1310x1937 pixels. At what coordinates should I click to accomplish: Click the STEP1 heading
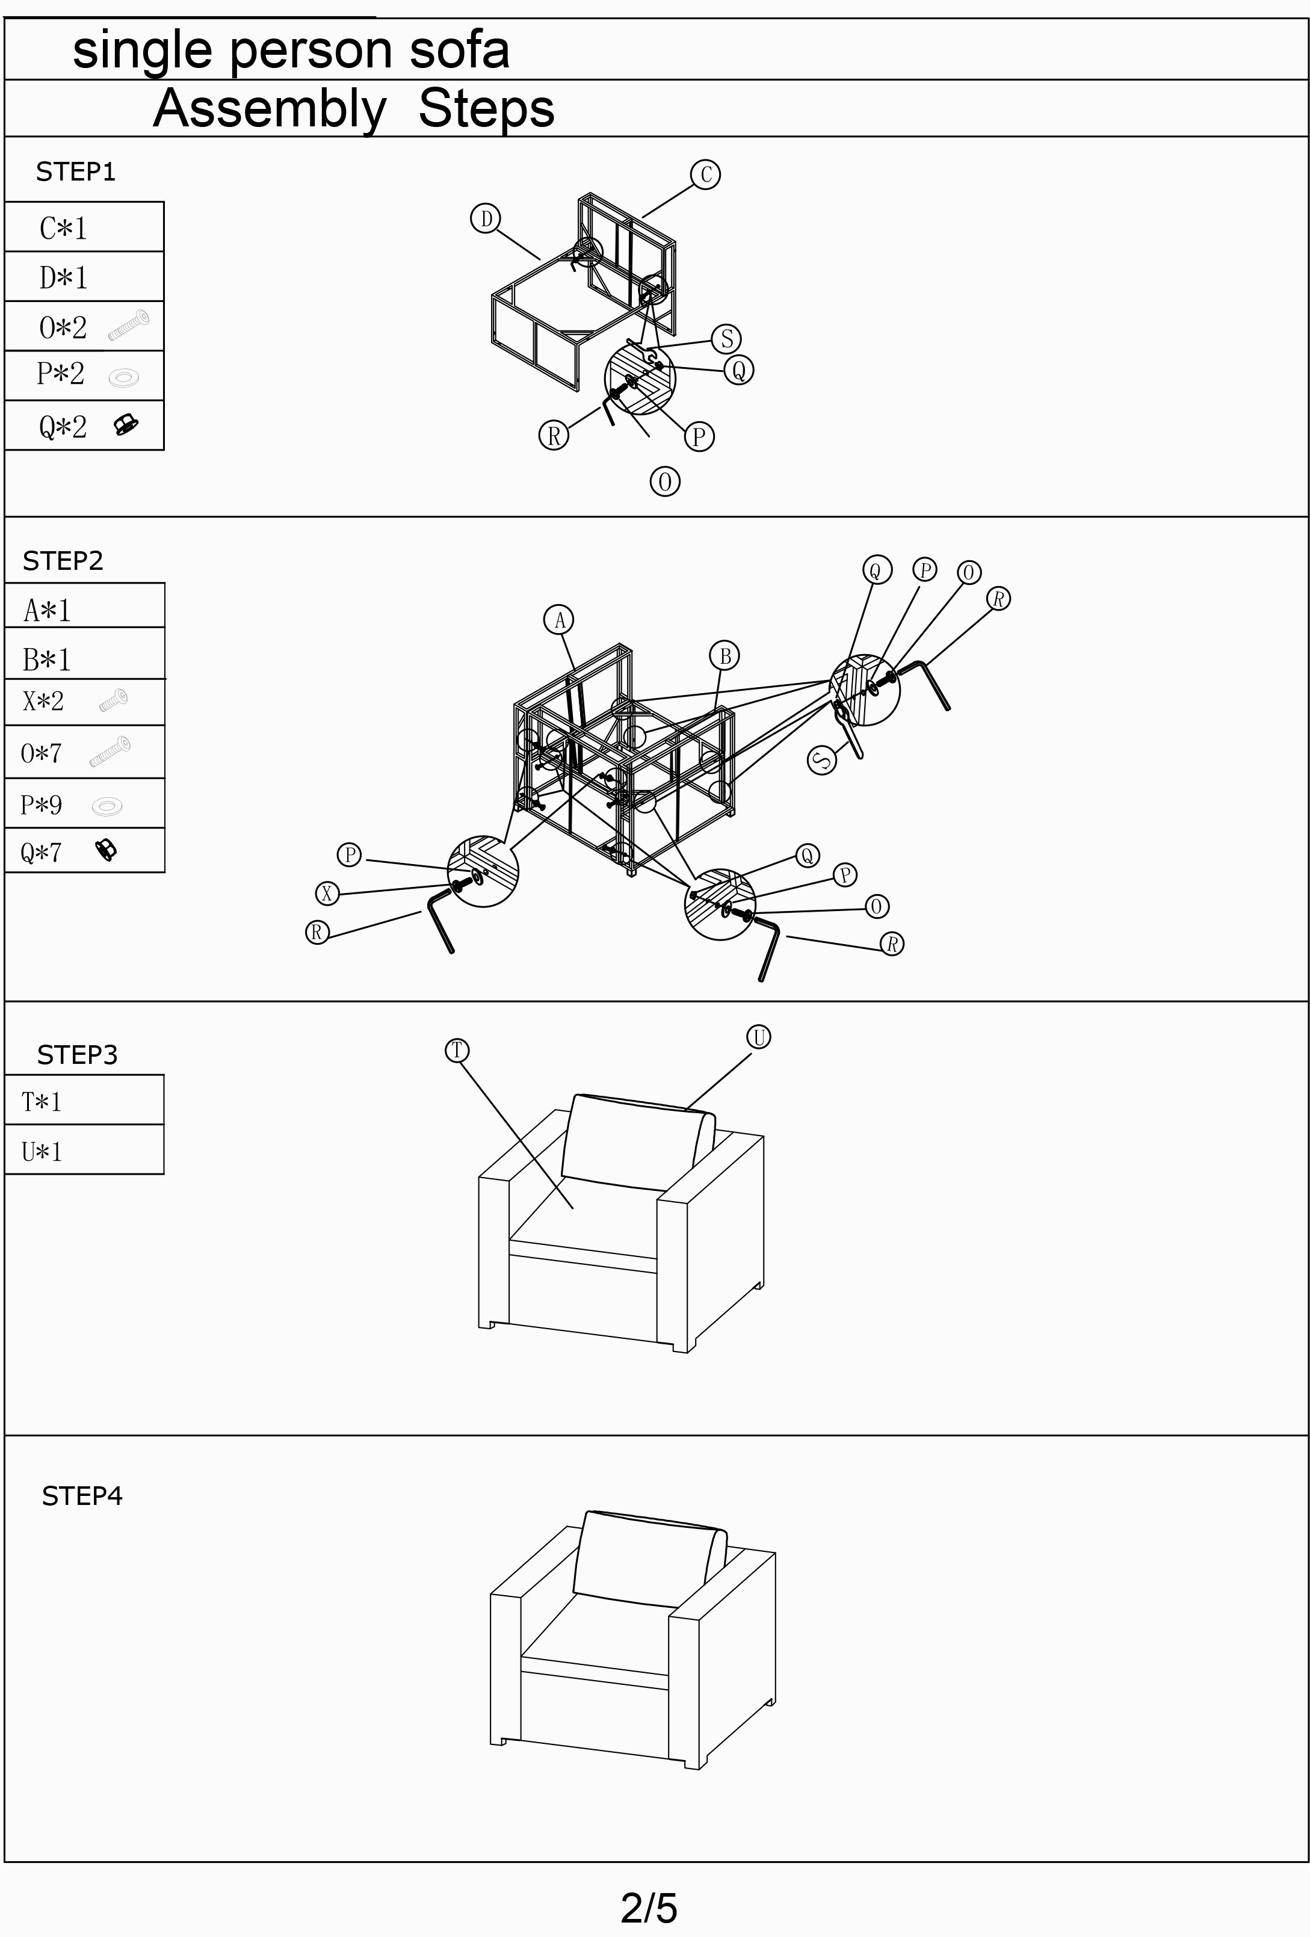point(75,171)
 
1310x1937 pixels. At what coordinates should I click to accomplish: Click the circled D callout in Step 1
point(485,219)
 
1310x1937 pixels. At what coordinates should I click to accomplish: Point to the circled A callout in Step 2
point(559,620)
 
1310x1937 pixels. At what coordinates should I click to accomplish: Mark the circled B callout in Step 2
point(724,656)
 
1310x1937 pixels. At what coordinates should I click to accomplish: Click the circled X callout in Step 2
point(327,894)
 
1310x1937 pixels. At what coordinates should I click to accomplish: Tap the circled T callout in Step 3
point(457,1050)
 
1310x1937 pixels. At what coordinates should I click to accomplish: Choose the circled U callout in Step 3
point(758,1037)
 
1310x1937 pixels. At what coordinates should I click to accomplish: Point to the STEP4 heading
point(82,1496)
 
